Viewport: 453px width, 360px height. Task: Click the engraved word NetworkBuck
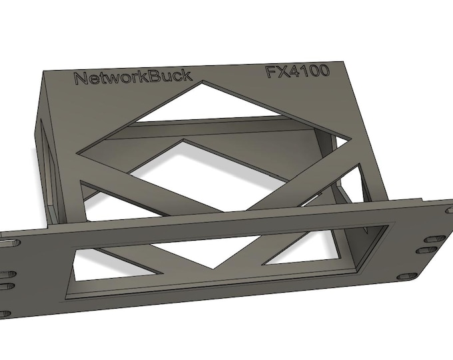[x=132, y=77]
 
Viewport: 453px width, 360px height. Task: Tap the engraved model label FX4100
[x=298, y=72]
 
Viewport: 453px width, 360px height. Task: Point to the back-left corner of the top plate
[x=45, y=69]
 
